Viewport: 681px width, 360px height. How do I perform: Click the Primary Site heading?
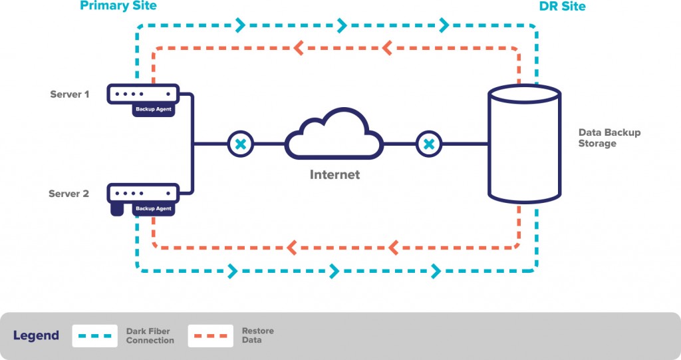click(118, 7)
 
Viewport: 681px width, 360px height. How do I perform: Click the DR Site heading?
click(563, 7)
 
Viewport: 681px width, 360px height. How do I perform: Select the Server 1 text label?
click(69, 94)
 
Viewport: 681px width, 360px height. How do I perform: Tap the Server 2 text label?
click(68, 194)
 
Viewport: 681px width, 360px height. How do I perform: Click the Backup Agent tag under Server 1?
click(154, 109)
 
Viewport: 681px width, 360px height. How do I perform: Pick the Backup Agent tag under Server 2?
click(154, 209)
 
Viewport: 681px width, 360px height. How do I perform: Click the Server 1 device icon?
click(144, 94)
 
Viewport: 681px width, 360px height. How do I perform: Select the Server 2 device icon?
click(144, 194)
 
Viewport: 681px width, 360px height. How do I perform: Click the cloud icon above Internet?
click(335, 135)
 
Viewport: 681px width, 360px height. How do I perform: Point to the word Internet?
click(335, 175)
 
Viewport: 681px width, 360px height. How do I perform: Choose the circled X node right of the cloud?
click(430, 144)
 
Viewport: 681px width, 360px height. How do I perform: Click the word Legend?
click(36, 335)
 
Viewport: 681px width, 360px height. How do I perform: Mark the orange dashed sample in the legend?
click(210, 335)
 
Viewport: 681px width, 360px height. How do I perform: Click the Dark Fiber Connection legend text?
click(150, 335)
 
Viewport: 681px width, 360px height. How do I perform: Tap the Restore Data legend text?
click(257, 335)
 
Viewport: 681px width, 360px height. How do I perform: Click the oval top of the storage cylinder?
click(525, 94)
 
